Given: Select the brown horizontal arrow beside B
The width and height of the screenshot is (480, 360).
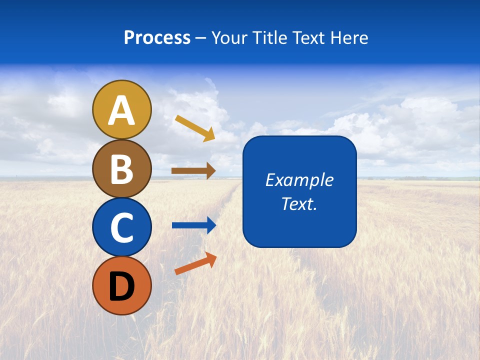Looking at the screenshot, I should click(x=193, y=170).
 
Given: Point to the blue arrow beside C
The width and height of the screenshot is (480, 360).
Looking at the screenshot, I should click(x=193, y=225).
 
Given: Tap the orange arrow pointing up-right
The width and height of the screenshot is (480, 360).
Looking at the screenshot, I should click(x=195, y=263).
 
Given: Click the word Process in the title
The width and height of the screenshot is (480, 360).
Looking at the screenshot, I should click(x=157, y=38).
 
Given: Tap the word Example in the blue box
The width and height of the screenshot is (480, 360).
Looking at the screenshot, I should click(x=299, y=180).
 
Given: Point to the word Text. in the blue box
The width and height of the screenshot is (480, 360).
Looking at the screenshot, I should click(x=299, y=203).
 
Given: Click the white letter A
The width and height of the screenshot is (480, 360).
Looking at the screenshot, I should click(x=121, y=111).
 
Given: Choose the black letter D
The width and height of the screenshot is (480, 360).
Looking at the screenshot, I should click(x=121, y=286).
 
